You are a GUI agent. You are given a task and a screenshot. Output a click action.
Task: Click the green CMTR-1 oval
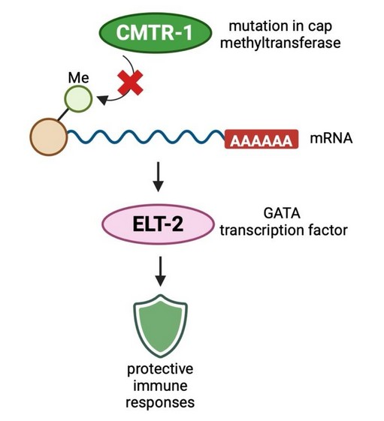(x=156, y=32)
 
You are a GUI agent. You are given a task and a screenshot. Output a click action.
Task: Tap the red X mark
(x=131, y=83)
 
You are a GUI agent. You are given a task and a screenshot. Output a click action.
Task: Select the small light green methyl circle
(x=78, y=99)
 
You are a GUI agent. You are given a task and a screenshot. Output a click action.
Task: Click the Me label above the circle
(x=78, y=78)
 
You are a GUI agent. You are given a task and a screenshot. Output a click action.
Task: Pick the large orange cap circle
(x=49, y=137)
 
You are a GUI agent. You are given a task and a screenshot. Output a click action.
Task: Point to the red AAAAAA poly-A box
(x=262, y=139)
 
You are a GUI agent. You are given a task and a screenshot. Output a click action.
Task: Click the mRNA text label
(x=331, y=139)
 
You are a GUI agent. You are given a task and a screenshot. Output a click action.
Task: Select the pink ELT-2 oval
(x=158, y=224)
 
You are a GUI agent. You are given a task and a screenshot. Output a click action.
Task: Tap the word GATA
(x=282, y=214)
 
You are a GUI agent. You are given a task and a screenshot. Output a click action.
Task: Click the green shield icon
(x=161, y=326)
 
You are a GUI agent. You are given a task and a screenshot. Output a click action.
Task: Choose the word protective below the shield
(x=160, y=369)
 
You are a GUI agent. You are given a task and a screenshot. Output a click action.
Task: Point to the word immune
(x=161, y=386)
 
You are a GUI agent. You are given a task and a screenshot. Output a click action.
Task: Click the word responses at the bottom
(x=160, y=403)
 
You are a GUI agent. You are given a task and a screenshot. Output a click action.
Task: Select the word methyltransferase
(x=280, y=43)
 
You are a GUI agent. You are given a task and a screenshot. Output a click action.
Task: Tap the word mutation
(x=252, y=26)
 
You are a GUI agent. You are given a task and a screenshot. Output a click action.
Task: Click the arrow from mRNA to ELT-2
(x=158, y=176)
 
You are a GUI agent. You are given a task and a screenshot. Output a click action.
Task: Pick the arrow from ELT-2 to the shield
(x=161, y=271)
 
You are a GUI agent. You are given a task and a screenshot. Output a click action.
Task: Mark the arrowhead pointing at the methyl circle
(x=102, y=100)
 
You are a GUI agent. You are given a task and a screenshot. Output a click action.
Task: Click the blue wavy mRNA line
(x=146, y=137)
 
